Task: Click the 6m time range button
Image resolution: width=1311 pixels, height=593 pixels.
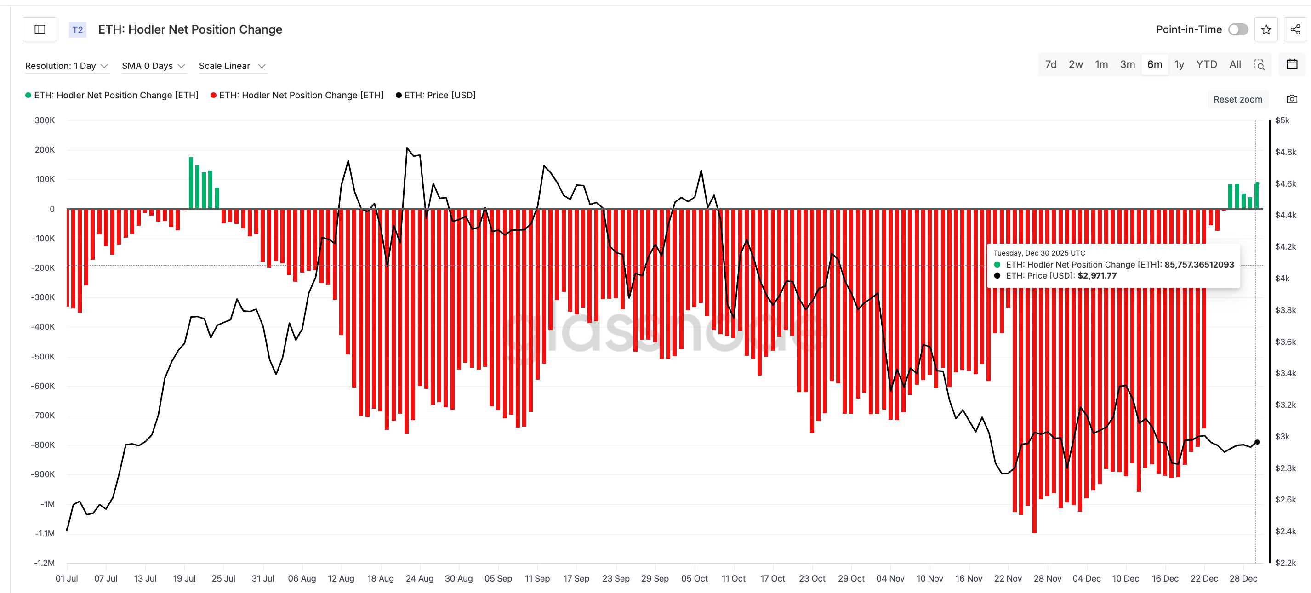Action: pos(1154,65)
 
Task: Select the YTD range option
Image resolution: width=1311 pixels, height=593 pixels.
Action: pos(1206,65)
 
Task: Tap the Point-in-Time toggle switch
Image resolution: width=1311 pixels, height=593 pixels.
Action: pos(1238,29)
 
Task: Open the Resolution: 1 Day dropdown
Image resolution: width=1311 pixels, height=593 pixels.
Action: pos(67,66)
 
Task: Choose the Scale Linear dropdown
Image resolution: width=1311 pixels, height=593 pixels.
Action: pos(232,66)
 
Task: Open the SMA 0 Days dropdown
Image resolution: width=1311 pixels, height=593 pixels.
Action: pos(153,66)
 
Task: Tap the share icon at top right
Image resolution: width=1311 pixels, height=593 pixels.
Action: pos(1295,29)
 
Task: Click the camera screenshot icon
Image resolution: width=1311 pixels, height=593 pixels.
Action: pos(1292,99)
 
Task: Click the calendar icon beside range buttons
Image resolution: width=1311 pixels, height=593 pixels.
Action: pos(1292,65)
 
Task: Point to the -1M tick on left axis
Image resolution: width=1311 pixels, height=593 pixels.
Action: pos(48,504)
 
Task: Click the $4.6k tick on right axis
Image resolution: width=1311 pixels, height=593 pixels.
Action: pos(1286,183)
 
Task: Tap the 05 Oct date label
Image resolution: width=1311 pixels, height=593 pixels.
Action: pos(694,578)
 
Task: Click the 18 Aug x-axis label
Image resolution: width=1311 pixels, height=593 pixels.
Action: pos(380,578)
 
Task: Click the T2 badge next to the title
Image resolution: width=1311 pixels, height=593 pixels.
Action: pos(77,29)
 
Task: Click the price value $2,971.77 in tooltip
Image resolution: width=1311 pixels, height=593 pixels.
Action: pos(1097,276)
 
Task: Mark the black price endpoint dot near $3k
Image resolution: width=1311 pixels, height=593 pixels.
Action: pos(1257,442)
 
